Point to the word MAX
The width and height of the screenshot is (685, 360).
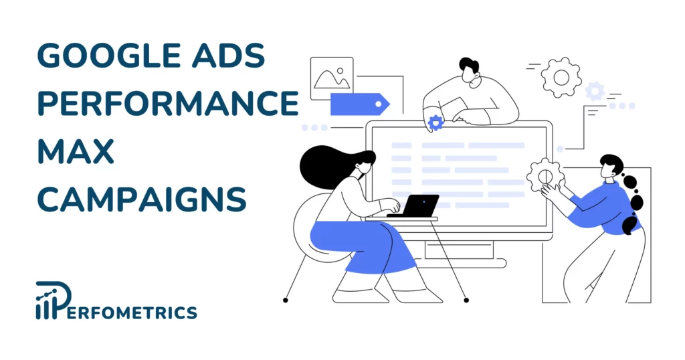click(x=76, y=150)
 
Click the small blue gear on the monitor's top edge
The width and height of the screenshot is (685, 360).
click(x=435, y=122)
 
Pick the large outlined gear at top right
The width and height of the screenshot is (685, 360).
click(x=561, y=77)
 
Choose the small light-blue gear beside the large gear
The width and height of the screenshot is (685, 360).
click(x=595, y=91)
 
